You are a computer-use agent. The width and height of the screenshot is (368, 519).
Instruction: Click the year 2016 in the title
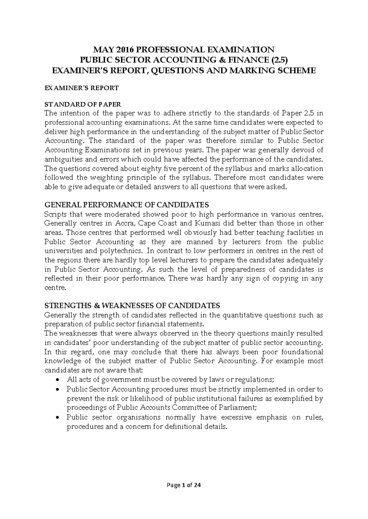pos(124,50)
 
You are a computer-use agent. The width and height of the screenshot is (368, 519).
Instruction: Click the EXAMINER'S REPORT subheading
pos(82,88)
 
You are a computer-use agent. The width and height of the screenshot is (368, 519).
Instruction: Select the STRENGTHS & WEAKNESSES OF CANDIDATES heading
pos(132,306)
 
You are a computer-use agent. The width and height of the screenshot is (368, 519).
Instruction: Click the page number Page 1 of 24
pos(184,485)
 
